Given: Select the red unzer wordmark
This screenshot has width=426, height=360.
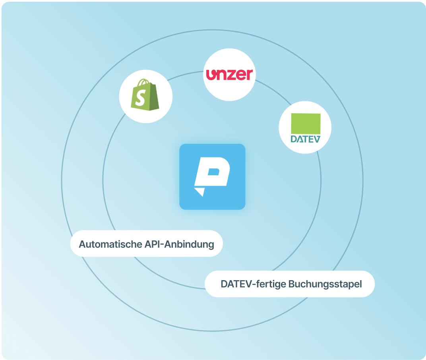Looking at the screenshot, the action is (229, 74).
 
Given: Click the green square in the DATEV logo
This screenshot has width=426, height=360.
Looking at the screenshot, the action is (306, 124).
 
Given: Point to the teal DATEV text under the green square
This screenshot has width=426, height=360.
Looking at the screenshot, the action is (305, 139).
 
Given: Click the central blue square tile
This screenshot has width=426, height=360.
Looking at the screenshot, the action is (212, 176).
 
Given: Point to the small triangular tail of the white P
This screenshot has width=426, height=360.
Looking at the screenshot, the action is (200, 192).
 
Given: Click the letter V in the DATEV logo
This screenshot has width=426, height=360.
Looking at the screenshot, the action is (316, 139).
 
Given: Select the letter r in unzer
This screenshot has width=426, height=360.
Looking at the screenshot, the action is (249, 75).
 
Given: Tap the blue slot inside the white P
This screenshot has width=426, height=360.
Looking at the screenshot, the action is (213, 172).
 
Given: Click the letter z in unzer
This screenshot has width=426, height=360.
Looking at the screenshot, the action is (230, 75).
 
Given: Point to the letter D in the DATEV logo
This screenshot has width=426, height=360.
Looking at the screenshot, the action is (294, 139).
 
